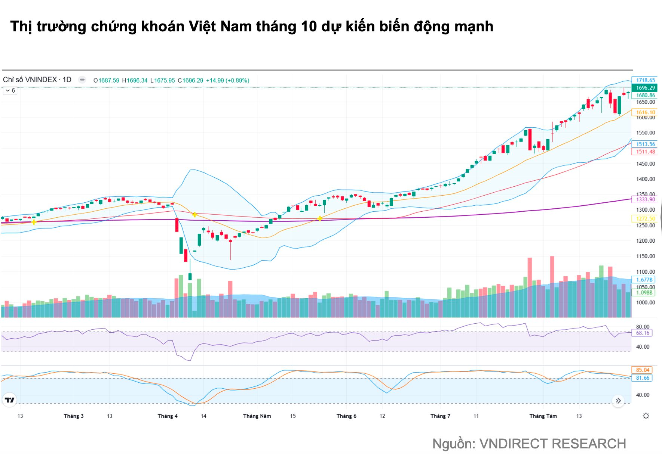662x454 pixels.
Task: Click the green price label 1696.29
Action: pyautogui.click(x=645, y=88)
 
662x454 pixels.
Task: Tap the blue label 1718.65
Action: pyautogui.click(x=645, y=80)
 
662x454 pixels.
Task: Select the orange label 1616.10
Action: pyautogui.click(x=645, y=112)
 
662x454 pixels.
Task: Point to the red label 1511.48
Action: pyautogui.click(x=645, y=152)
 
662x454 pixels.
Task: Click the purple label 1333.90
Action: pyautogui.click(x=645, y=199)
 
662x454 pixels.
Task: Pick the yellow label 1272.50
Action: pyautogui.click(x=645, y=219)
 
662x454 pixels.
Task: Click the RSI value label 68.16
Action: pyautogui.click(x=642, y=333)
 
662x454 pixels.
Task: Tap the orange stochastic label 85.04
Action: pyautogui.click(x=642, y=370)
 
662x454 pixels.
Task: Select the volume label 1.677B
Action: pyautogui.click(x=644, y=280)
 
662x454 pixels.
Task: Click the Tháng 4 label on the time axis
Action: pyautogui.click(x=168, y=416)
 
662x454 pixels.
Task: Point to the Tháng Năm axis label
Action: pyautogui.click(x=257, y=416)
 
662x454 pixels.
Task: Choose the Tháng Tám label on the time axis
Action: pyautogui.click(x=543, y=416)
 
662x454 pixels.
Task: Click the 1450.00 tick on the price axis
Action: pyautogui.click(x=645, y=164)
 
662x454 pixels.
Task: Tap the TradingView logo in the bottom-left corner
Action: pyautogui.click(x=10, y=400)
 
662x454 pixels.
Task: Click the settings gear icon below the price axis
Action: pyautogui.click(x=646, y=416)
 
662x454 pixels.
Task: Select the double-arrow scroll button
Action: pyautogui.click(x=618, y=401)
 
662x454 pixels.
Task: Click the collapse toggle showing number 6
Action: pyautogui.click(x=10, y=90)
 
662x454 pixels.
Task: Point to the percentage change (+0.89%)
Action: pyautogui.click(x=237, y=80)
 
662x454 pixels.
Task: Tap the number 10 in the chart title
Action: pyautogui.click(x=309, y=27)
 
